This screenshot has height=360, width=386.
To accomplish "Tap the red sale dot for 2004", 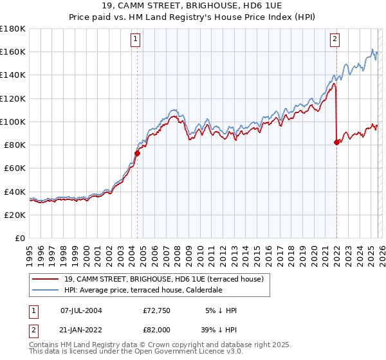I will pyautogui.click(x=137, y=153).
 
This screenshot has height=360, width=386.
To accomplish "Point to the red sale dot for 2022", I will pyautogui.click(x=336, y=142).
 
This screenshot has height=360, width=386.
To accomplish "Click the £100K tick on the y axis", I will pyautogui.click(x=13, y=122).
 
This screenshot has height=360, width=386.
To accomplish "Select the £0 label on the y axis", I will pyautogui.click(x=20, y=239).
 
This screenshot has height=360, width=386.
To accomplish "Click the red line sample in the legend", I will pyautogui.click(x=44, y=280).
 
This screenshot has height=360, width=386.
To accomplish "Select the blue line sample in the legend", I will pyautogui.click(x=44, y=291).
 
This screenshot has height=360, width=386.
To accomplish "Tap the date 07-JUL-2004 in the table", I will pyautogui.click(x=81, y=310).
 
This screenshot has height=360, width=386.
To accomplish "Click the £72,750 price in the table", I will pyautogui.click(x=156, y=310).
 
